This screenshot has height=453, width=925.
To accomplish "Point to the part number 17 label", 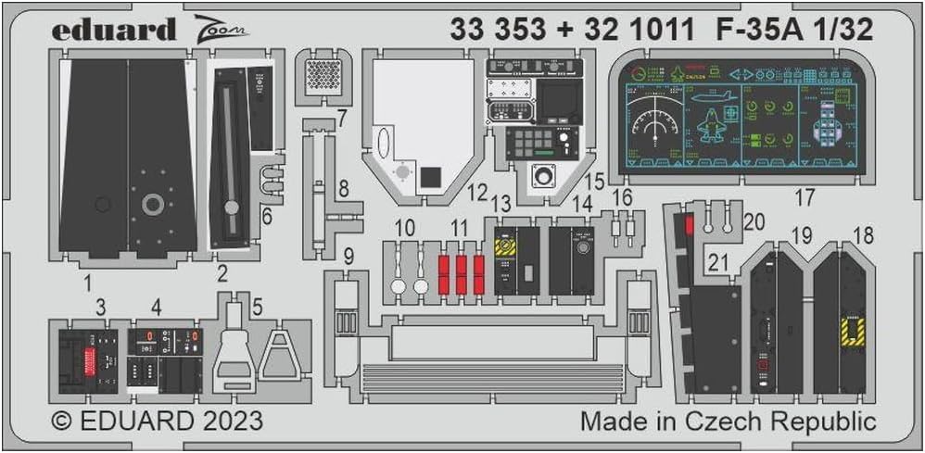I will tap(804, 197).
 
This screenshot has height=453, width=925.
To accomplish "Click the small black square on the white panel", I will tap(429, 178).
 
